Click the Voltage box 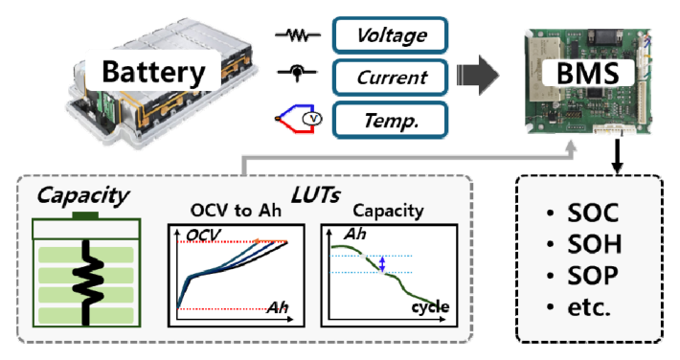pos(390,35)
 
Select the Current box pos(390,78)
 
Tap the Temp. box pos(390,120)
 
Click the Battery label pos(153,71)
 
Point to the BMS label pos(588,73)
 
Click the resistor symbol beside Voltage pos(298,35)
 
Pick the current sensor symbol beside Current pos(297,73)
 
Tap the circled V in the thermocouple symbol pos(312,119)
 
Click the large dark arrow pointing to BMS pos(478,75)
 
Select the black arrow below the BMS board pos(617,155)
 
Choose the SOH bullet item pos(584,244)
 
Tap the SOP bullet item pos(583,276)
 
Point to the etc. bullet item pos(578,307)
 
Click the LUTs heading pos(316,195)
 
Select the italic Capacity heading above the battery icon pos(82,196)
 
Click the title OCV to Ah pos(236,211)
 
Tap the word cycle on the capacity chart pos(430,307)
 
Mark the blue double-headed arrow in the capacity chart pos(382,263)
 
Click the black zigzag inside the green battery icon pos(88,282)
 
